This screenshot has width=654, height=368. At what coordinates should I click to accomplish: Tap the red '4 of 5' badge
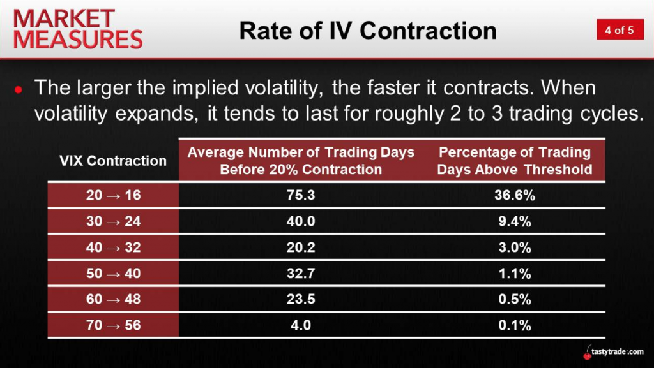pos(620,29)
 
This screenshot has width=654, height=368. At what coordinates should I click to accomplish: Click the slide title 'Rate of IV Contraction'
pos(368,31)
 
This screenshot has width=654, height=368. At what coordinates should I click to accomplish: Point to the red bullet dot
pos(18,89)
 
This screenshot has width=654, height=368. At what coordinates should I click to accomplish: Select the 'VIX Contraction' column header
pos(113,161)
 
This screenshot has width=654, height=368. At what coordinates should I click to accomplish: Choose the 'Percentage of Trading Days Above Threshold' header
pos(515,161)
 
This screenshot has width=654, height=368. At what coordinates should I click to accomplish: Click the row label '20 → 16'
pos(114,195)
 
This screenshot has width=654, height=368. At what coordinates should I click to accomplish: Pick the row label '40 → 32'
pos(114,247)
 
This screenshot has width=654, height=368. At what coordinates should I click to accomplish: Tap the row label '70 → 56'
pos(114,325)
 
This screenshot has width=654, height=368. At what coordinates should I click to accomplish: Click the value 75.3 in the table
pos(301,195)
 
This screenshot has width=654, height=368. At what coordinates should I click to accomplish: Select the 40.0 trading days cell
pos(301,221)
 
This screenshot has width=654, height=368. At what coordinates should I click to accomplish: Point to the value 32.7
pos(301,274)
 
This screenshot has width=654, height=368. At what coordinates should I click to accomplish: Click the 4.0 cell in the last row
pos(301,325)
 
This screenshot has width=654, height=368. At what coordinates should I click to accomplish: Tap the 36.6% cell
pos(515,195)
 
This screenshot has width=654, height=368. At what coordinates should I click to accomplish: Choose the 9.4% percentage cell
pos(515,221)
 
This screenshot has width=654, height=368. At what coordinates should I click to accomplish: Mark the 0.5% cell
pos(515,299)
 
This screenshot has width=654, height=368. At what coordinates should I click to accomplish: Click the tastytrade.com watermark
pos(613,352)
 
